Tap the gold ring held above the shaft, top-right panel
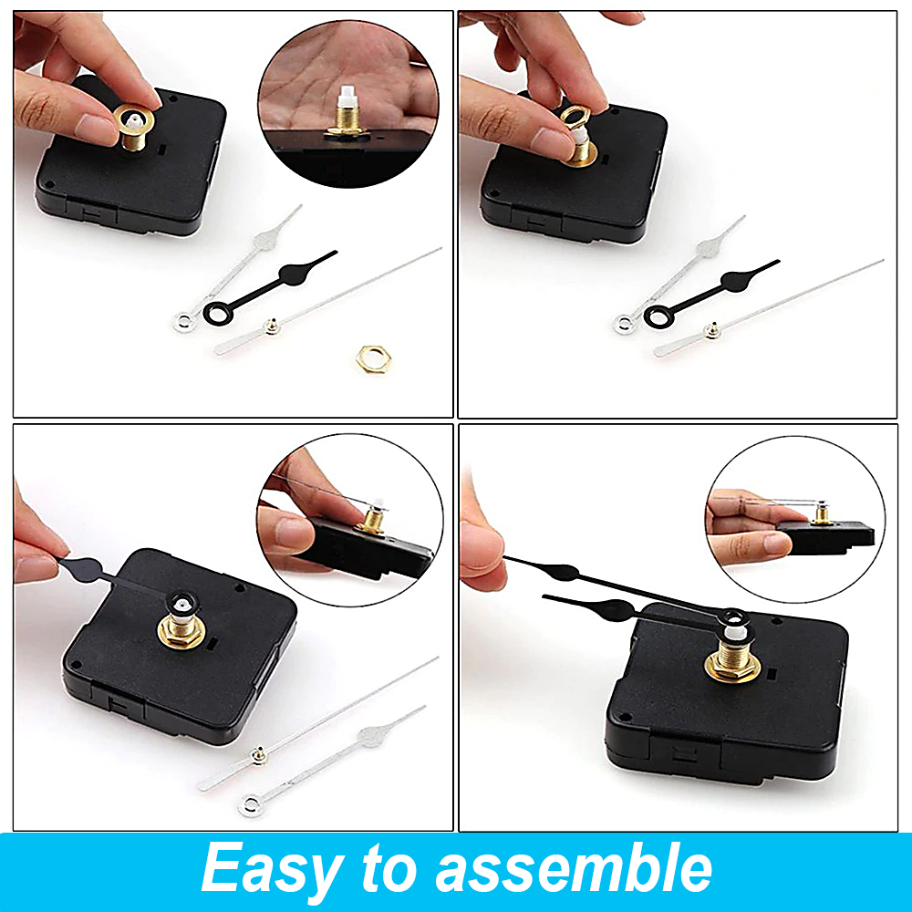point(575,117)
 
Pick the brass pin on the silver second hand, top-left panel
point(271,326)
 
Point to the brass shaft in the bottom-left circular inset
point(372,520)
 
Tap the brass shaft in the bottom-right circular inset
point(822,514)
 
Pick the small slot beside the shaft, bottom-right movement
point(772,677)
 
